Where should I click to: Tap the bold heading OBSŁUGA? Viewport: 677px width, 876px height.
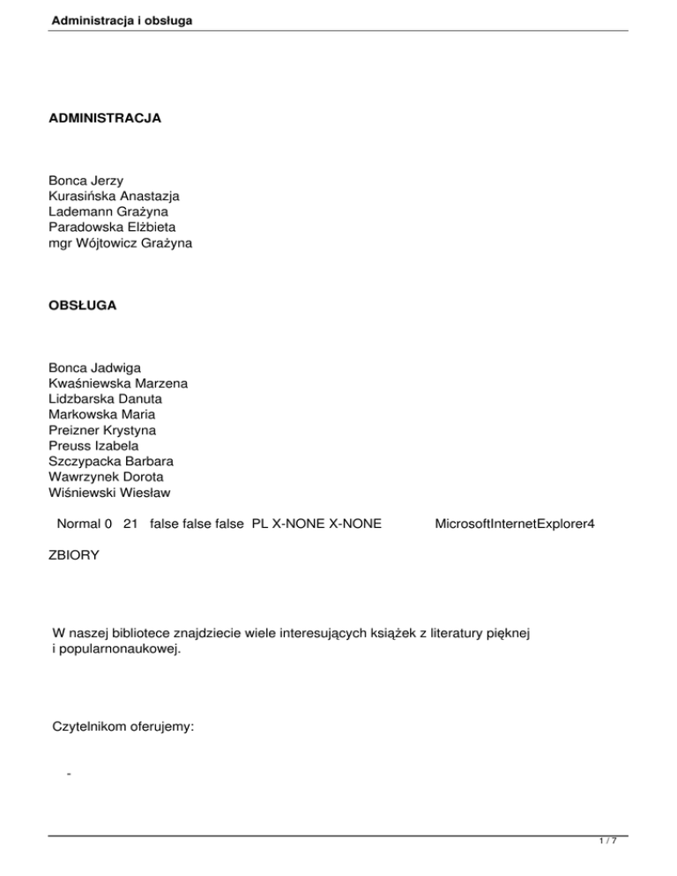tap(85, 305)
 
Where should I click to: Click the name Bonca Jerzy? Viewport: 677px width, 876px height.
tap(86, 181)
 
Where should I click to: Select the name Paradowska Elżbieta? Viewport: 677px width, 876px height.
tap(113, 228)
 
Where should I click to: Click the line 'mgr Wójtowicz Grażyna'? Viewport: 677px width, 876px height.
tap(120, 244)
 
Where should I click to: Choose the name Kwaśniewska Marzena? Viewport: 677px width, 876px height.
tap(118, 382)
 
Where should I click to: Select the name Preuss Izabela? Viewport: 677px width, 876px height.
tap(93, 446)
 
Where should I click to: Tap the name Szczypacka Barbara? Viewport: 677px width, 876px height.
tap(111, 462)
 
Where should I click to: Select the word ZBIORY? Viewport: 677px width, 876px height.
tap(74, 556)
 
